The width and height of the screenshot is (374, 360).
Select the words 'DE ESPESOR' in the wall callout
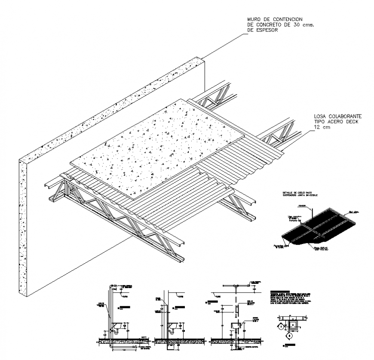[x=262, y=31]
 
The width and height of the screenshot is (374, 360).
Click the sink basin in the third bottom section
[x=236, y=325]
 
